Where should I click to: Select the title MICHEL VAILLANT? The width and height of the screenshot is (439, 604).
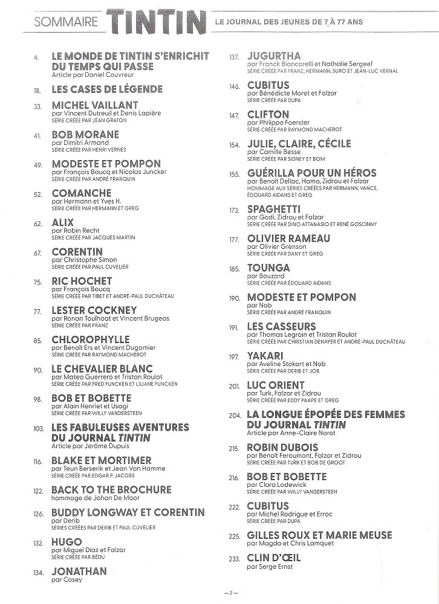95,105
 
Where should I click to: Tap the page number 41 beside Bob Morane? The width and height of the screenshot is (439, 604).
37,135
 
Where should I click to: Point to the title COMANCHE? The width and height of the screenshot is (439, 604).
82,193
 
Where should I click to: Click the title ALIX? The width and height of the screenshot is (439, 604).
63,222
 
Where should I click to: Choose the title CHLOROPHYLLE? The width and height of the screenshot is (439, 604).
91,339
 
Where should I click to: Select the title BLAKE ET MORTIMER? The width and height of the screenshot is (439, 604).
102,460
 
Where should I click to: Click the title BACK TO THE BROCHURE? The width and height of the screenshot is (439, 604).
111,490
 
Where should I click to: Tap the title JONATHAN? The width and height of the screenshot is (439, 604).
79,571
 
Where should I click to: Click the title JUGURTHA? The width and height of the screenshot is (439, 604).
274,56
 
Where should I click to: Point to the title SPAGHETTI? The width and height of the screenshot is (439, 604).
274,210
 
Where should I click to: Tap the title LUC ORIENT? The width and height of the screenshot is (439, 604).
276,385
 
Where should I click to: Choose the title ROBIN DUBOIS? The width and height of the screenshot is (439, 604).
282,448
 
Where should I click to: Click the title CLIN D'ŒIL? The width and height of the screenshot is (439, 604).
274,558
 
